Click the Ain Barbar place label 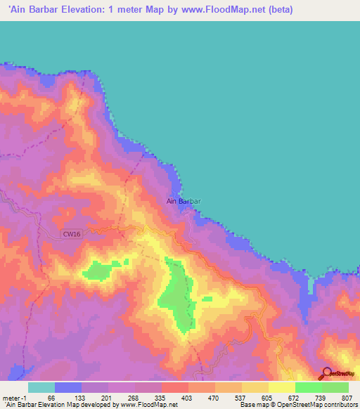click(x=184, y=201)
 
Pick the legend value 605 click(x=265, y=397)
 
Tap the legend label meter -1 click(x=13, y=397)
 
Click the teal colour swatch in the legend click(x=41, y=387)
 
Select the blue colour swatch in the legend click(x=68, y=387)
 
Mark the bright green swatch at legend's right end click(x=335, y=387)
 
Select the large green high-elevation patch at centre click(x=178, y=299)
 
